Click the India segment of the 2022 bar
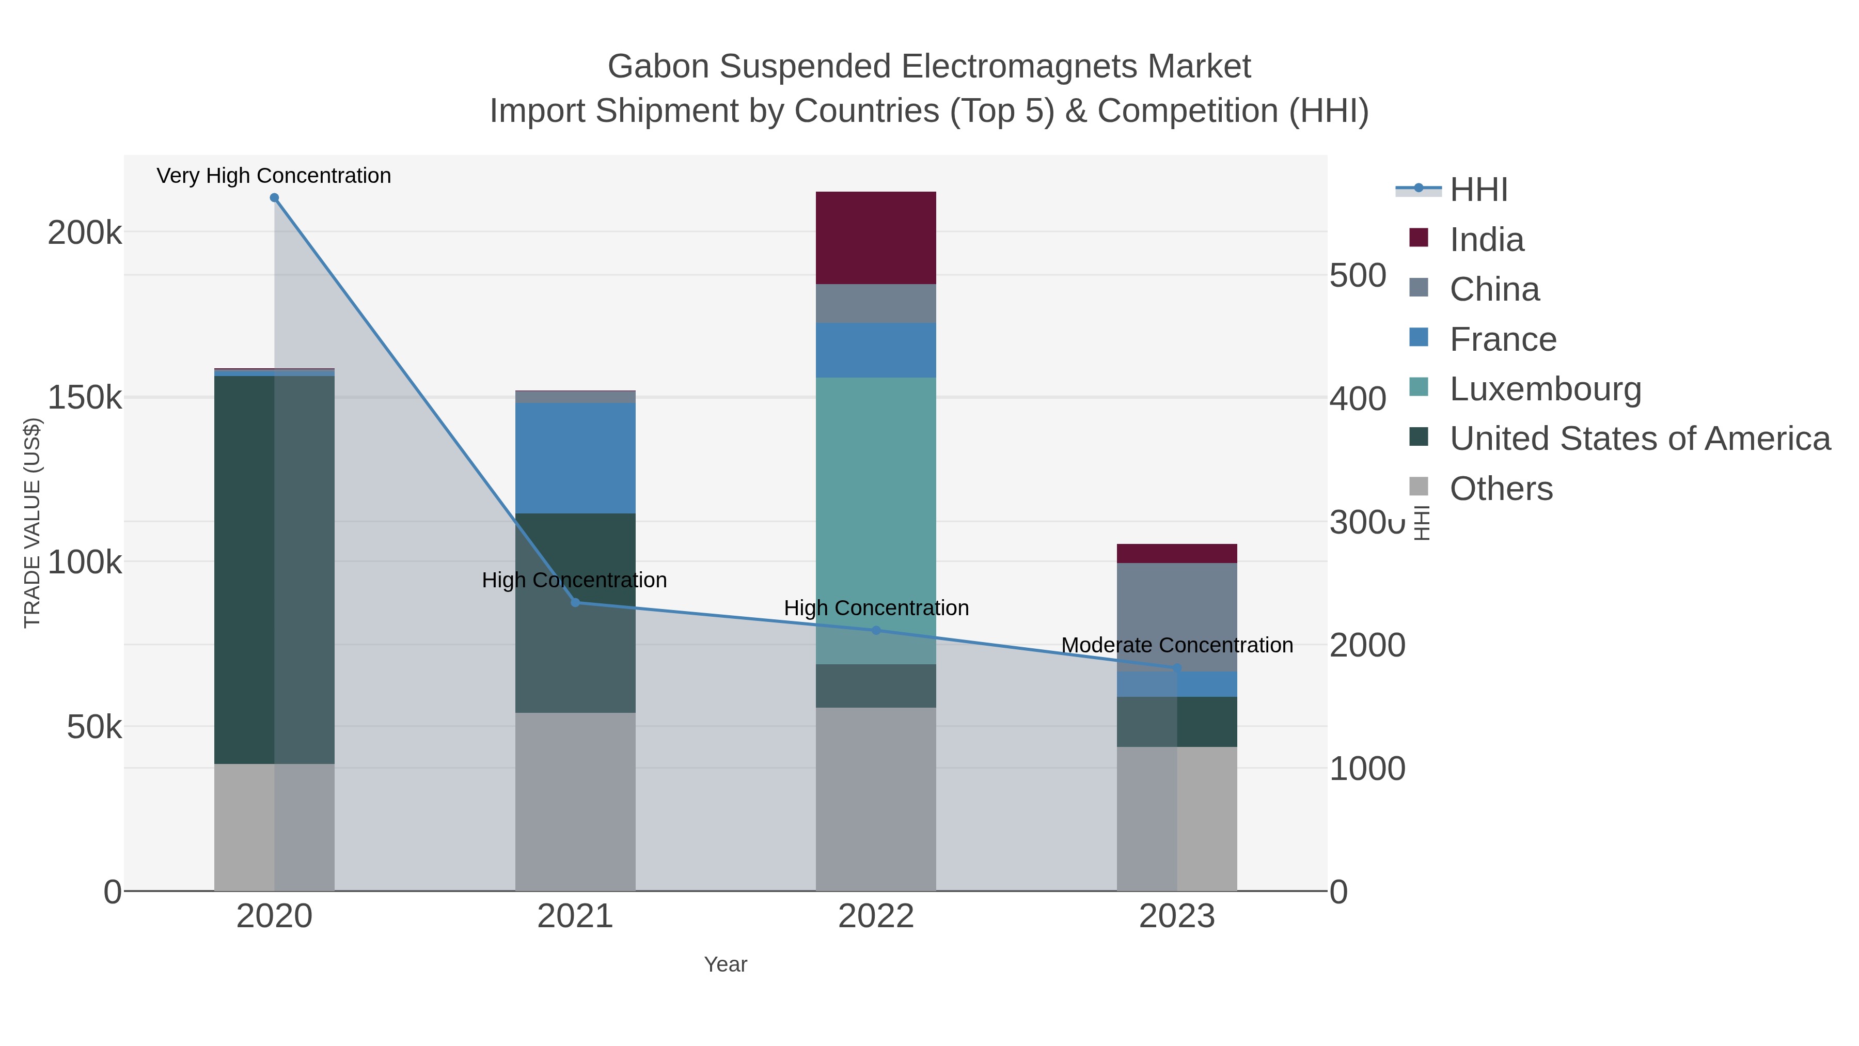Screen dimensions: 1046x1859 [x=875, y=238]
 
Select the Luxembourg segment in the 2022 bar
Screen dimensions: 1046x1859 [x=875, y=520]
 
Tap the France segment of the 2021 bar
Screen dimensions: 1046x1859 [x=575, y=458]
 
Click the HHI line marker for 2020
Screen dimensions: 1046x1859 [x=274, y=198]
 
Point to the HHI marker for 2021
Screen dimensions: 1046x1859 [x=575, y=602]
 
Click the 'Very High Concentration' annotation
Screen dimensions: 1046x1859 [x=274, y=176]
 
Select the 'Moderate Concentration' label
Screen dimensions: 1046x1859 [x=1176, y=645]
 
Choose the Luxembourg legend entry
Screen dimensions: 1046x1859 [x=1545, y=389]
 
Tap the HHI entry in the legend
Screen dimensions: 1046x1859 [x=1478, y=190]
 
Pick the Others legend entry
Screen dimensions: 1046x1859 [x=1500, y=489]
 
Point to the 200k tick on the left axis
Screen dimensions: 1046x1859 [x=85, y=233]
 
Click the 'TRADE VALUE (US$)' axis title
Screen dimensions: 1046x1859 [x=33, y=523]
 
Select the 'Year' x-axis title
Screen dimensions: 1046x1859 [x=726, y=964]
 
